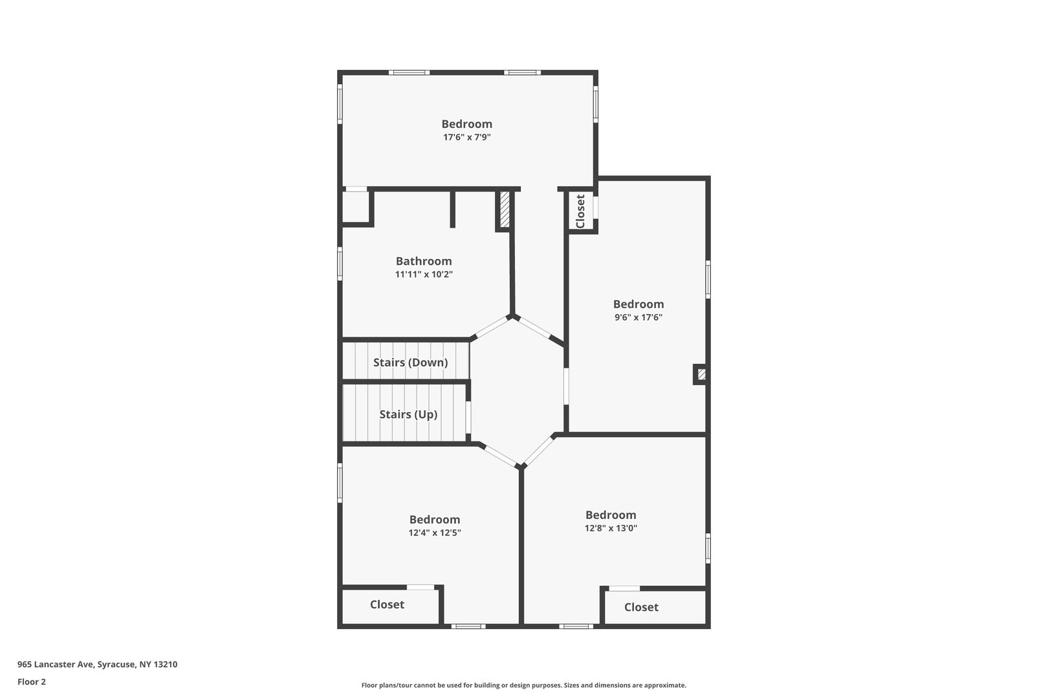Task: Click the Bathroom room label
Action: (424, 261)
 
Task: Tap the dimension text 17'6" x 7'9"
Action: (467, 137)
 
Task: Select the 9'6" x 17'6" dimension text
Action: (638, 317)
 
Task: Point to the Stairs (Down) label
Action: (410, 362)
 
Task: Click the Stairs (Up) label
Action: (408, 414)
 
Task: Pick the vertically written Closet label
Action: (580, 211)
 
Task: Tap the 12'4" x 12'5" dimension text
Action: (435, 532)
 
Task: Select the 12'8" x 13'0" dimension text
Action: (611, 528)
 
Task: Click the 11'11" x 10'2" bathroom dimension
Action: (424, 274)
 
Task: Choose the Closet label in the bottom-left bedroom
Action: (387, 605)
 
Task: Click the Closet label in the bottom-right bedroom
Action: (641, 607)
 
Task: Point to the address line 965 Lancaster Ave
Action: (97, 664)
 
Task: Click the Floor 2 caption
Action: (32, 682)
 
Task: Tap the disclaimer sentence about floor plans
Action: (523, 685)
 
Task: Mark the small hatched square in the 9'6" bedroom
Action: (701, 375)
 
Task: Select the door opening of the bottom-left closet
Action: (420, 587)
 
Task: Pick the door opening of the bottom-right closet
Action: (624, 588)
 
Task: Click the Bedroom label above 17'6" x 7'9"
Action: (467, 124)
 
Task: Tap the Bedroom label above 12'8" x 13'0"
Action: (611, 515)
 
